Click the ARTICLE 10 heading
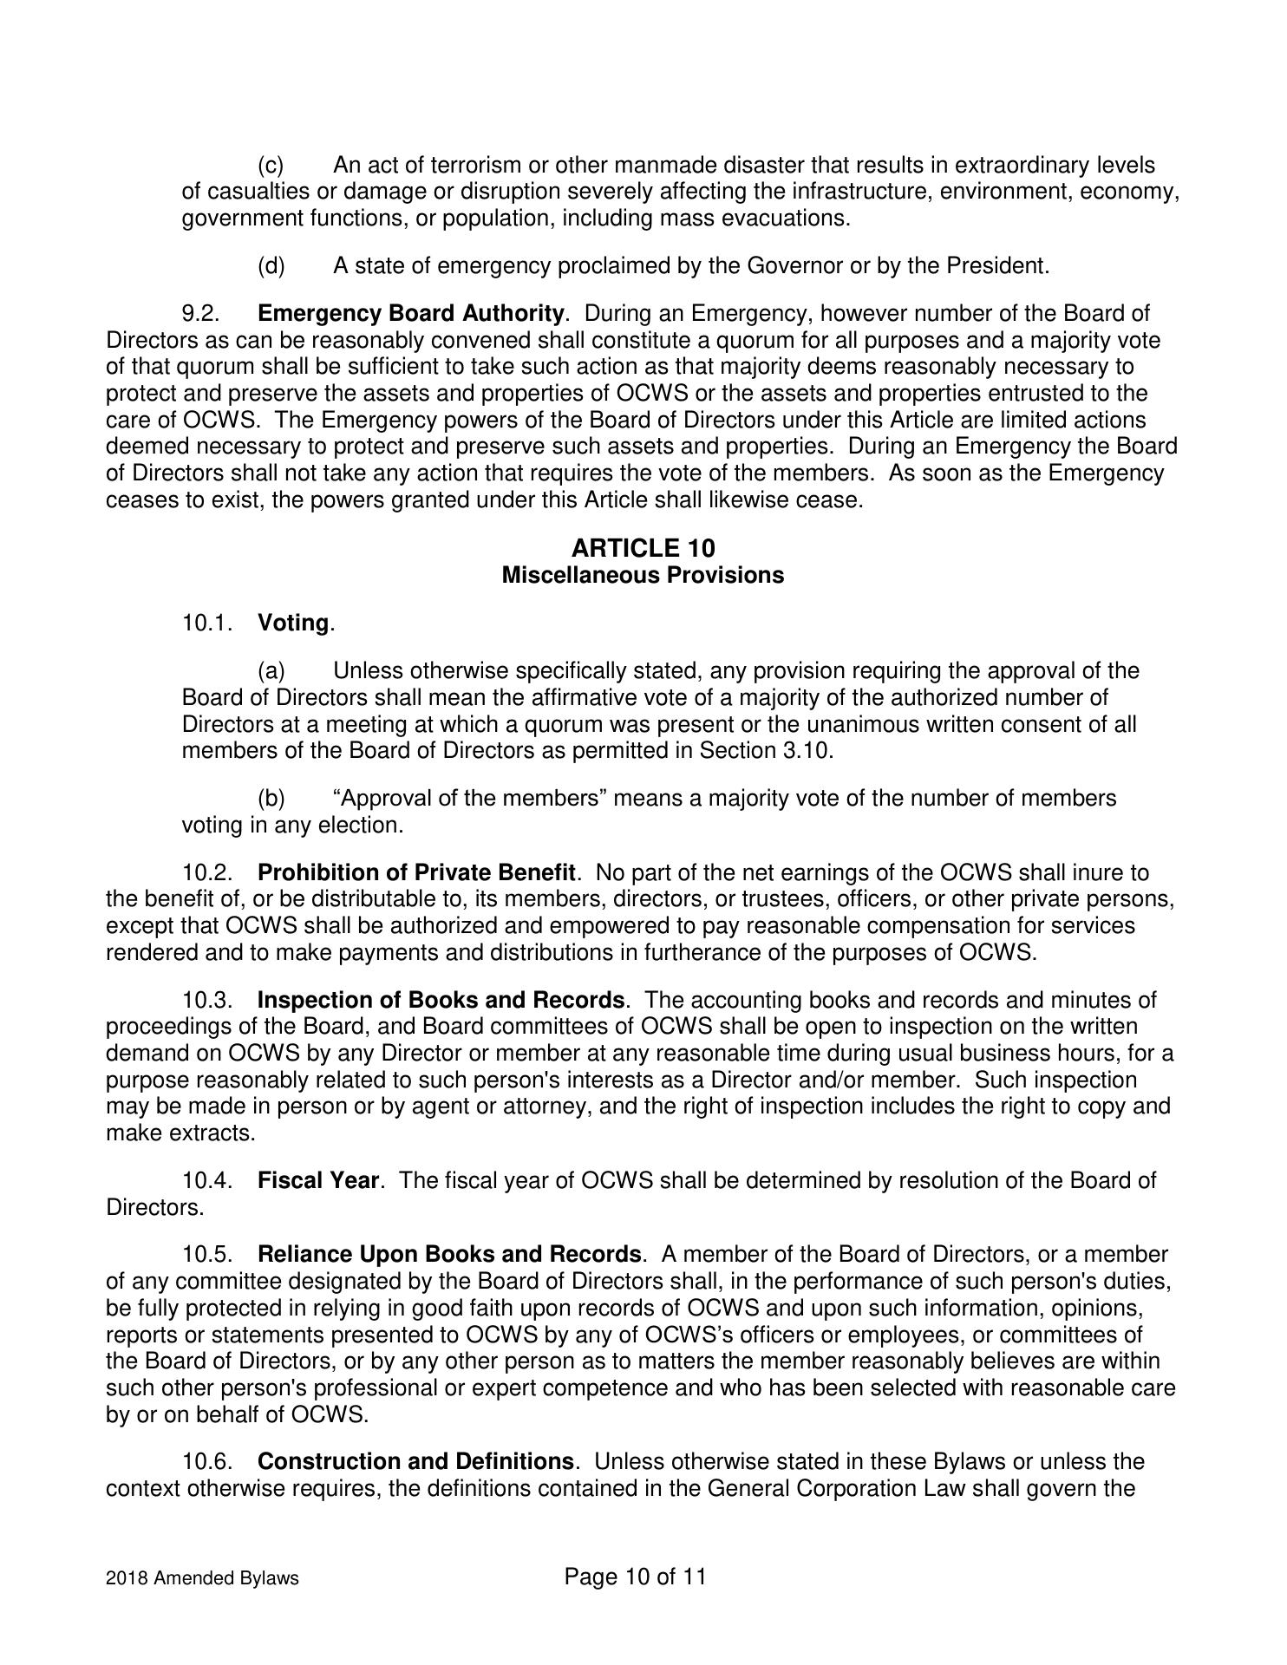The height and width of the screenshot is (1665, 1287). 643,548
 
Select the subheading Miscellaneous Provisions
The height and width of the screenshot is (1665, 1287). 643,575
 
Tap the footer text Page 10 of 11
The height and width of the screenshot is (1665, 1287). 635,1576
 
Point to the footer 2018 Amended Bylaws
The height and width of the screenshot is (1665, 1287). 202,1578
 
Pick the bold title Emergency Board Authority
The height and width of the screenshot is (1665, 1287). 411,313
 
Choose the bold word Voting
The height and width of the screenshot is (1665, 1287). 293,624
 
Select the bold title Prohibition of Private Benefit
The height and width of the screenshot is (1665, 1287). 416,872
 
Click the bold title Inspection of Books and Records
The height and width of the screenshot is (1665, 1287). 441,1000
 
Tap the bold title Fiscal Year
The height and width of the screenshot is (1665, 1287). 318,1180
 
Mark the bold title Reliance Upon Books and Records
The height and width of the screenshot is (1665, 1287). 450,1255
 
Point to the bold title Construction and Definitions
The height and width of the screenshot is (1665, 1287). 415,1461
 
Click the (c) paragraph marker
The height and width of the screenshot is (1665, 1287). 271,165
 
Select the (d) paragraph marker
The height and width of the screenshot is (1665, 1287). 271,265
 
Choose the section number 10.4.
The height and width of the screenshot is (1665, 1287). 207,1180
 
